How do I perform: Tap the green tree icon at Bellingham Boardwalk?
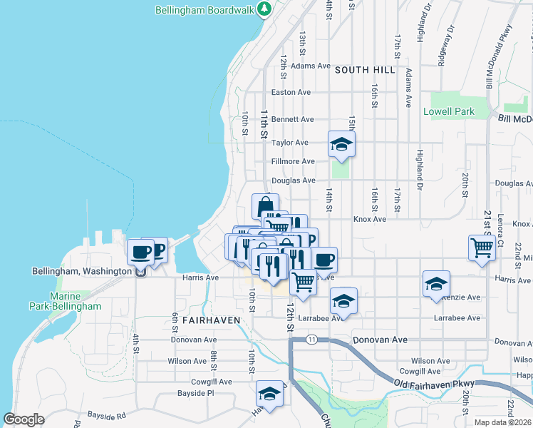pos(265,9)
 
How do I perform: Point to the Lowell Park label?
pos(449,112)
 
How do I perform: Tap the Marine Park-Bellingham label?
pos(75,301)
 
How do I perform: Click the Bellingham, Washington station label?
pos(82,271)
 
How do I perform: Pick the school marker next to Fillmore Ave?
pos(341,144)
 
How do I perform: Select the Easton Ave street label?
pos(291,93)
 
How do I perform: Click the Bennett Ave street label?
pos(292,119)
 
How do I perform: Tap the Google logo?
pos(24,419)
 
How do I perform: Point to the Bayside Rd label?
pos(106,414)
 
